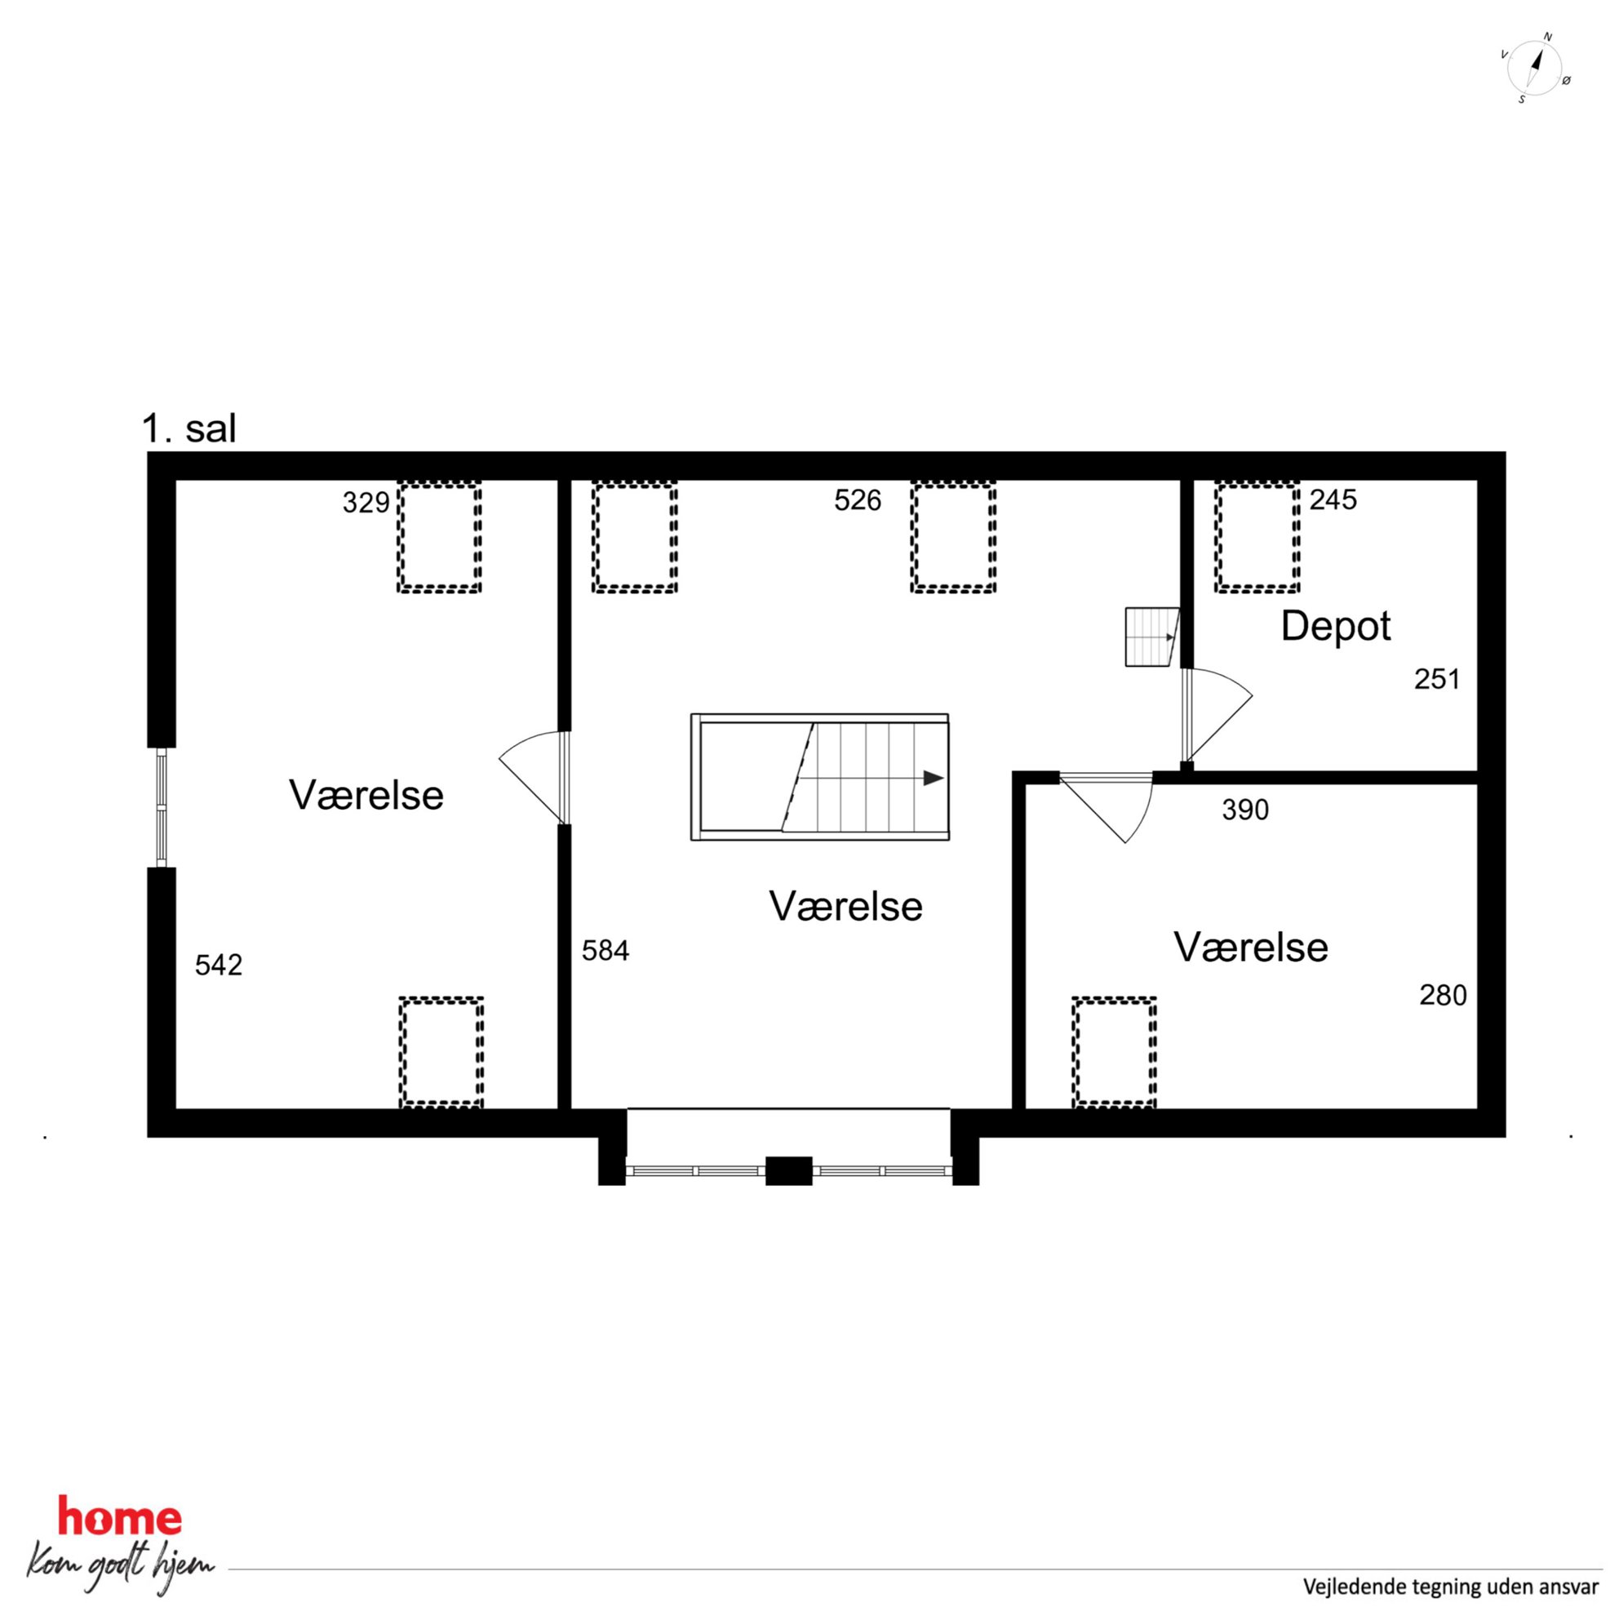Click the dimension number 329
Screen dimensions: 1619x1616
point(366,503)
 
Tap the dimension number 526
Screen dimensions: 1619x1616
point(858,500)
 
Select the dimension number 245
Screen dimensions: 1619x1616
point(1333,499)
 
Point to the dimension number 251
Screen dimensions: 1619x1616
point(1437,679)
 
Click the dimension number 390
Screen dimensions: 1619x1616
point(1245,810)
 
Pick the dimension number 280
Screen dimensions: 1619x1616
point(1443,995)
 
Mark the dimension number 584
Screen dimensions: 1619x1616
point(605,951)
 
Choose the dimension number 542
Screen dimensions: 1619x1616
point(219,965)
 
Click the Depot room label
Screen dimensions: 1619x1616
point(1336,627)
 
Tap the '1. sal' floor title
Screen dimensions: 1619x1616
point(189,428)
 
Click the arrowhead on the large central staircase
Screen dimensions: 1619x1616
point(934,779)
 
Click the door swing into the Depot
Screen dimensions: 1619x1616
point(1217,716)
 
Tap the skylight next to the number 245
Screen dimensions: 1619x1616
point(1257,538)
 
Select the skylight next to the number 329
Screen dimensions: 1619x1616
point(439,538)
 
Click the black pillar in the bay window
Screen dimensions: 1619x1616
point(788,1171)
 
